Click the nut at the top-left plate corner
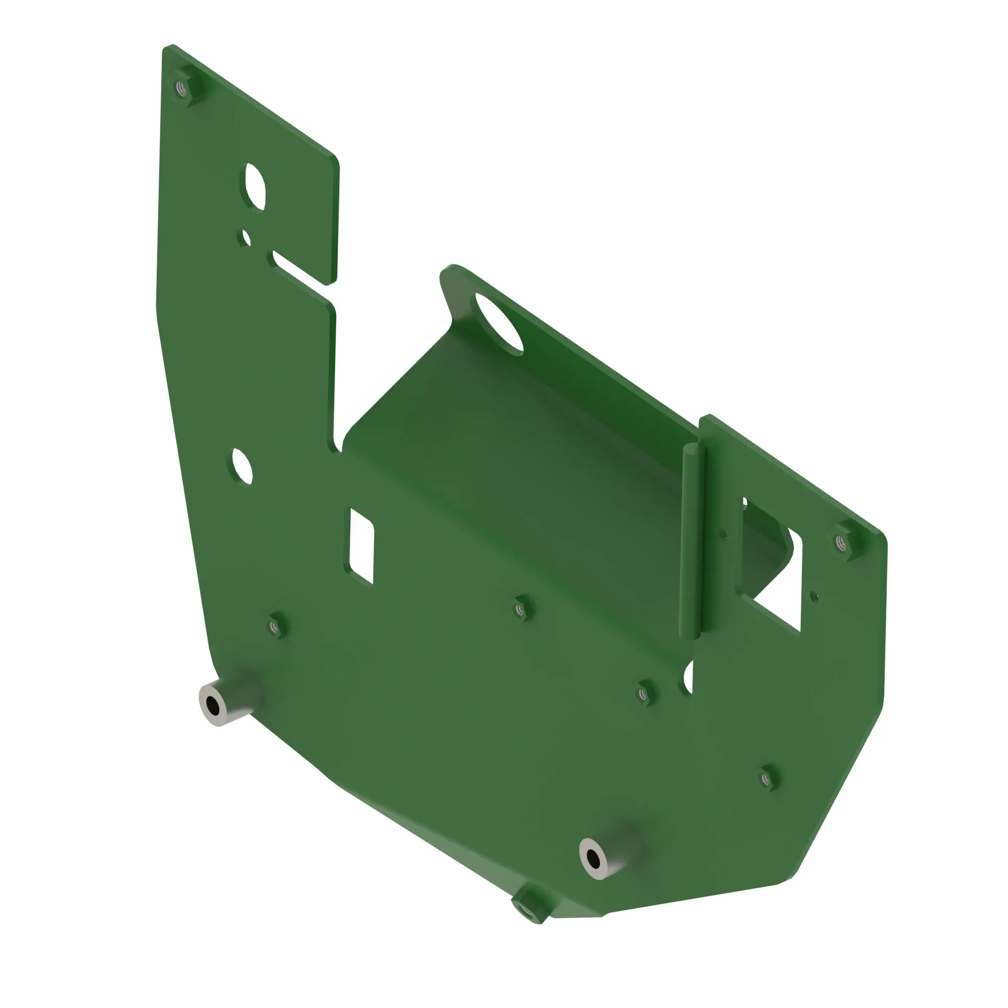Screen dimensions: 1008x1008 point(182,88)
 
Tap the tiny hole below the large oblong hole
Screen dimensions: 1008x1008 point(246,238)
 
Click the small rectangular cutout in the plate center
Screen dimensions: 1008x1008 point(361,546)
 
